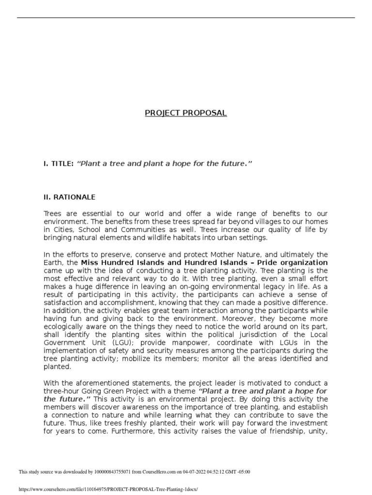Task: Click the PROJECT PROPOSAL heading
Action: coord(186,113)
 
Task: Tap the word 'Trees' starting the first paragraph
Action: coord(53,213)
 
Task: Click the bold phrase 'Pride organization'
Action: coord(297,262)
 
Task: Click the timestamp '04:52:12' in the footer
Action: coord(227,472)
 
